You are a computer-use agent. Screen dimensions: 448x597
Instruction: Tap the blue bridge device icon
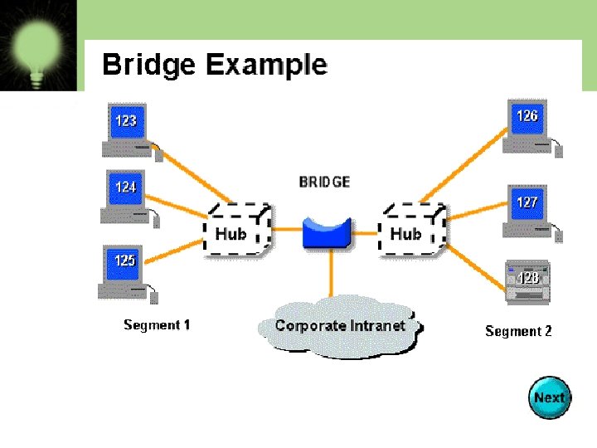coord(327,232)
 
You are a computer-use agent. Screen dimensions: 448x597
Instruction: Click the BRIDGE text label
coord(325,182)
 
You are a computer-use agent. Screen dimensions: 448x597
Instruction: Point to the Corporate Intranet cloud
coord(340,326)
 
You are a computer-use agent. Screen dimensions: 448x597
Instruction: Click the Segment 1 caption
coord(157,324)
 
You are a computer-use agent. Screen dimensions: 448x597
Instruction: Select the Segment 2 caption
coord(518,331)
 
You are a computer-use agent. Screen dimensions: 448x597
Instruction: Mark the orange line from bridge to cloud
coord(332,274)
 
